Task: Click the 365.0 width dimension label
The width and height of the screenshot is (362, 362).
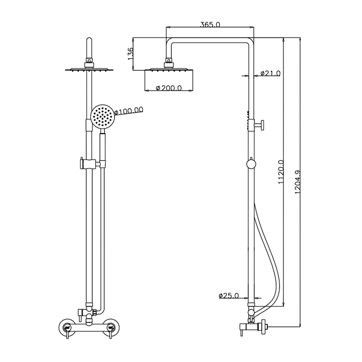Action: [x=210, y=25]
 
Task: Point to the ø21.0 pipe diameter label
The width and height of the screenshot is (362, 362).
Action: [x=270, y=73]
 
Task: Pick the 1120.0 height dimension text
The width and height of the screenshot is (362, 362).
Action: [x=281, y=173]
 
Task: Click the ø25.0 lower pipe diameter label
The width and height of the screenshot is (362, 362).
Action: [x=229, y=295]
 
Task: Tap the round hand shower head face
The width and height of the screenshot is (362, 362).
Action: [x=102, y=117]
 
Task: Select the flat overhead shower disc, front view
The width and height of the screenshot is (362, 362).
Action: [x=89, y=70]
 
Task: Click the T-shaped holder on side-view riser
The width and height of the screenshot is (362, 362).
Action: [x=258, y=125]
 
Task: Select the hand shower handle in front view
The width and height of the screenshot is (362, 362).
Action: [x=102, y=148]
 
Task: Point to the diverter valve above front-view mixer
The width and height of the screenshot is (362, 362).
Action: [x=88, y=311]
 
